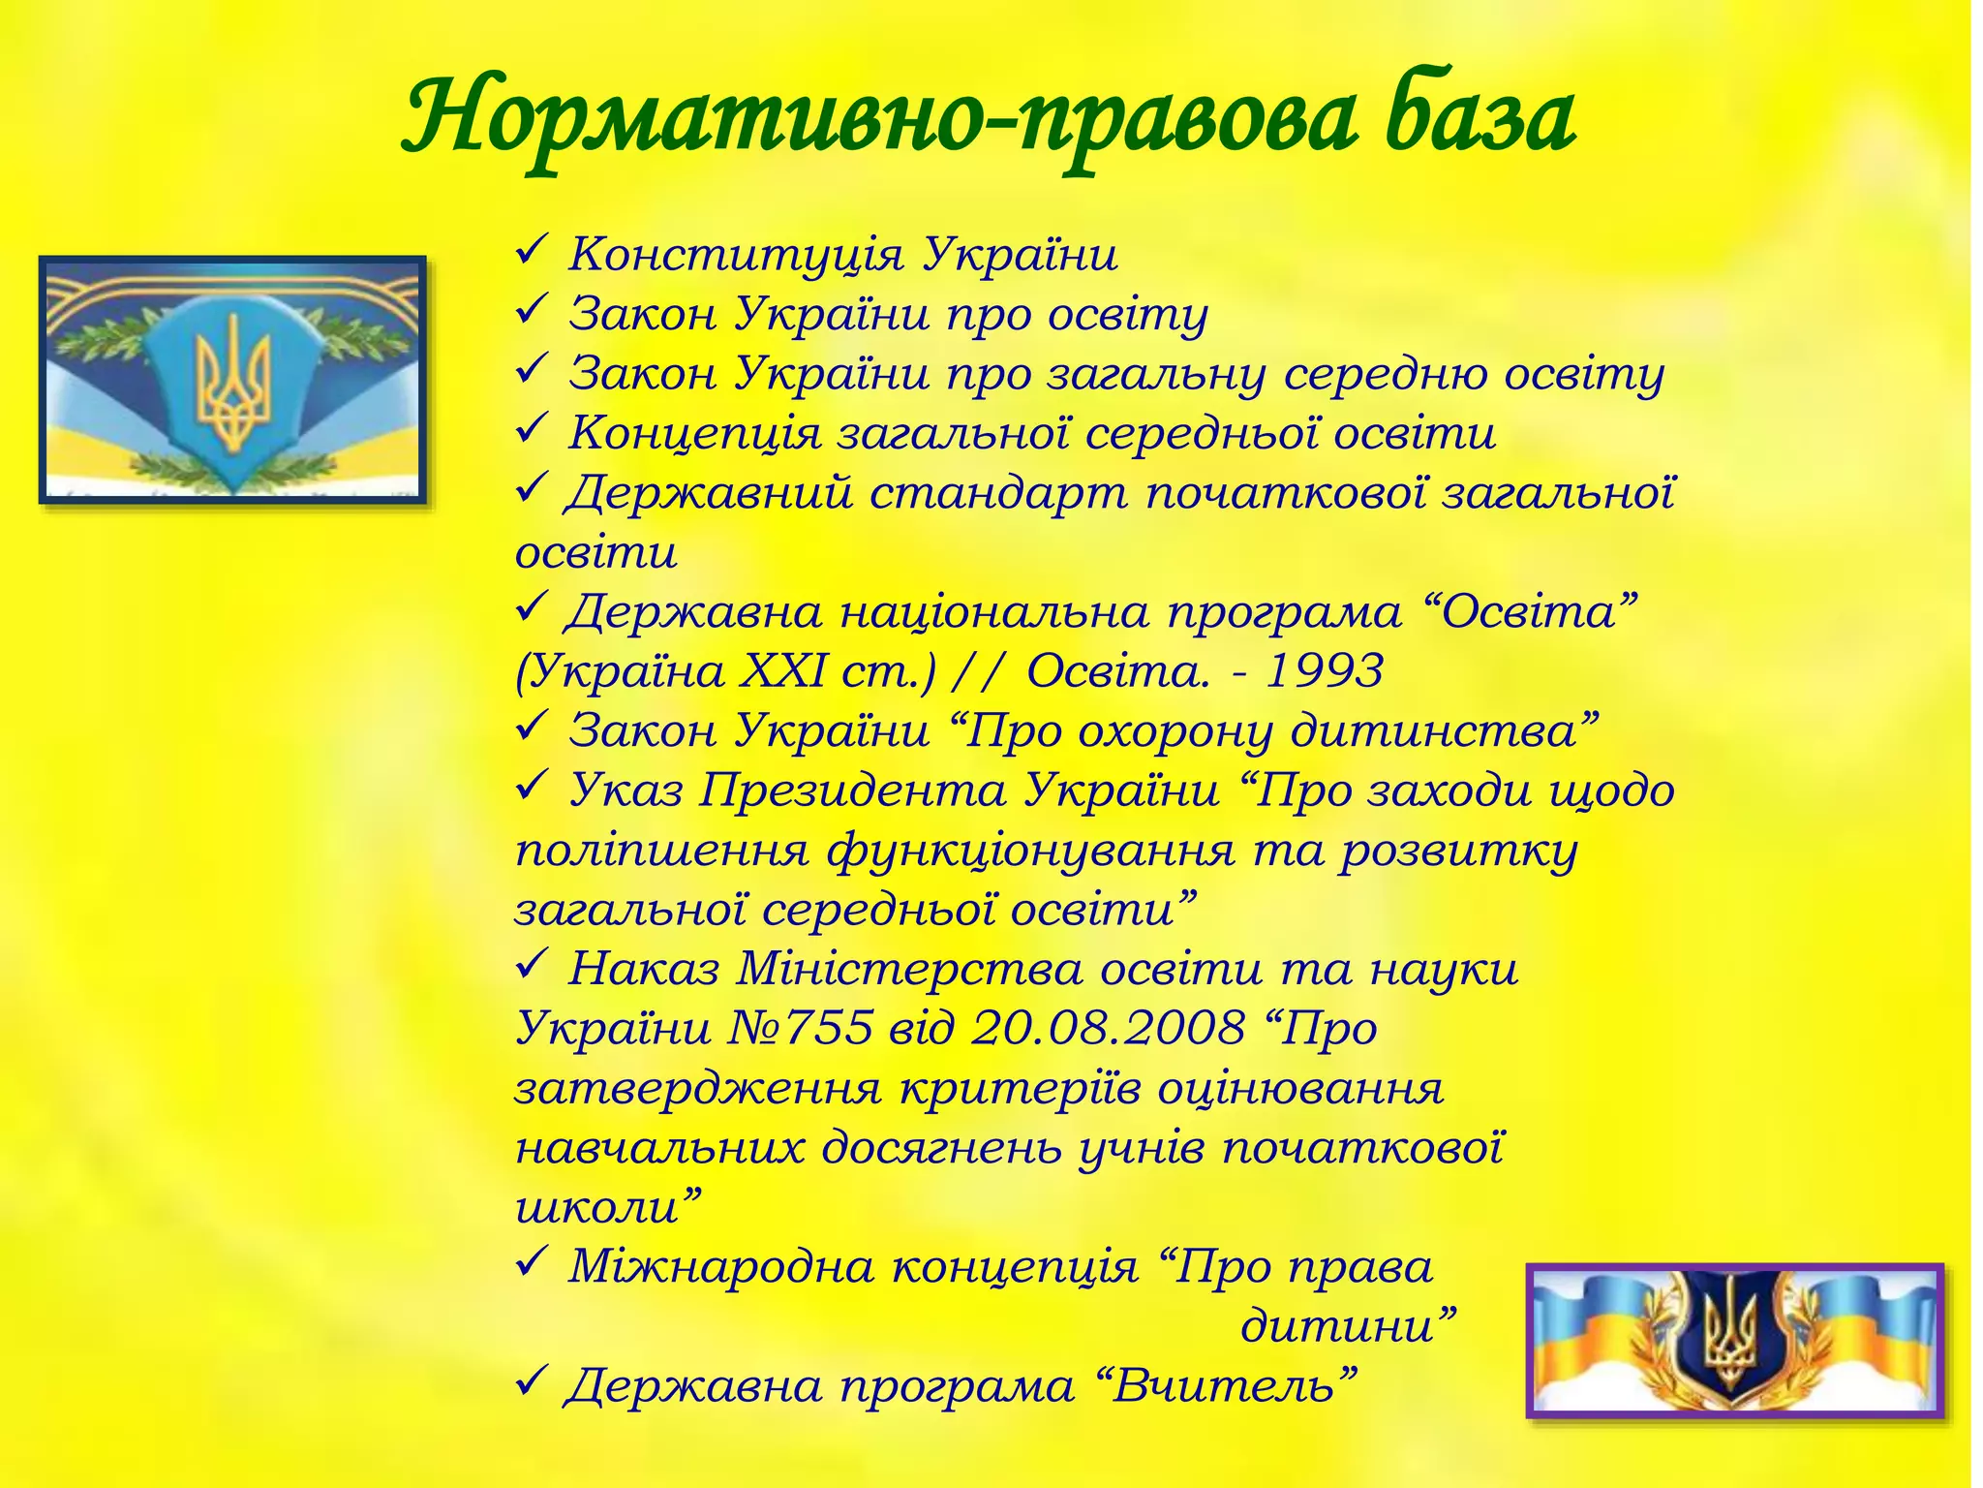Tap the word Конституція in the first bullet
(736, 256)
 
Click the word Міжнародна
(721, 1267)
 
